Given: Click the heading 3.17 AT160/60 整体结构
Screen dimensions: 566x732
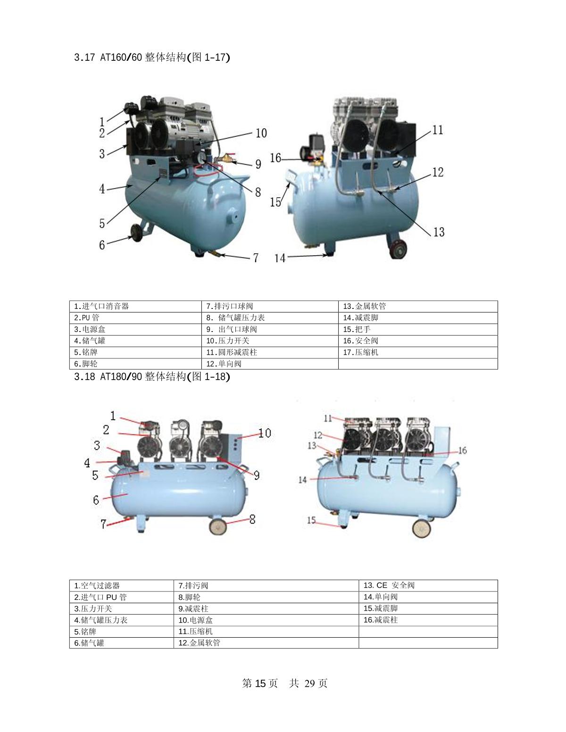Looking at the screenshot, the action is (x=152, y=57).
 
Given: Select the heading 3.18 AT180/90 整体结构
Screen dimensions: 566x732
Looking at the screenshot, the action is (x=152, y=376).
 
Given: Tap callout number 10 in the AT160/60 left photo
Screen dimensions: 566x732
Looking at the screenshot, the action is (x=261, y=133).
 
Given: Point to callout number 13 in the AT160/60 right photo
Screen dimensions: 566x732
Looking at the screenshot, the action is (x=439, y=232).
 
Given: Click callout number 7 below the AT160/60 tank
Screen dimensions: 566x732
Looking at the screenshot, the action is (x=256, y=258).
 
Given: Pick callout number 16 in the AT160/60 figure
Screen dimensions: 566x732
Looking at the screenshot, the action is (x=275, y=158).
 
